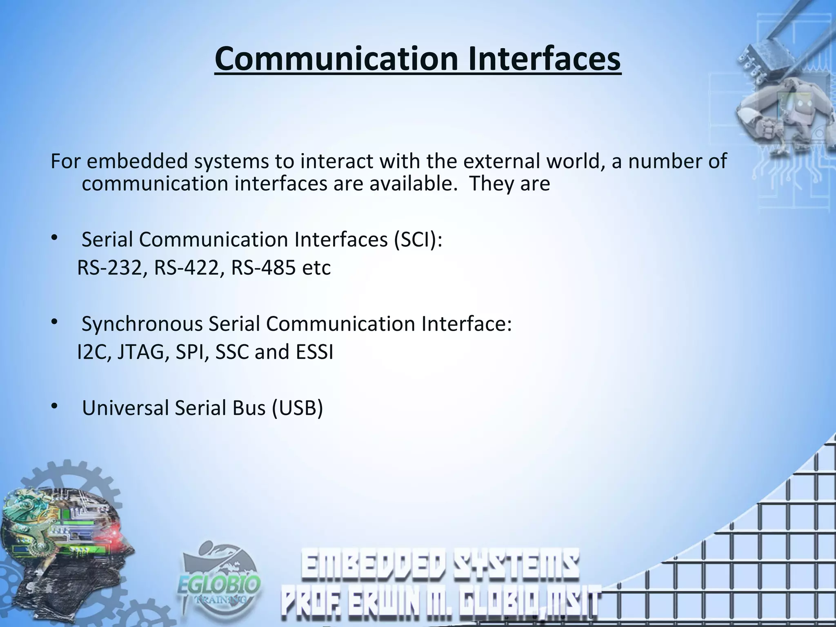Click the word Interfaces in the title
click(x=544, y=60)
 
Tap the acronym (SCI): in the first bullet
click(x=418, y=240)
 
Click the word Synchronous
click(x=142, y=324)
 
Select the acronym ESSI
click(x=314, y=352)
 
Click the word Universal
click(x=125, y=408)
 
